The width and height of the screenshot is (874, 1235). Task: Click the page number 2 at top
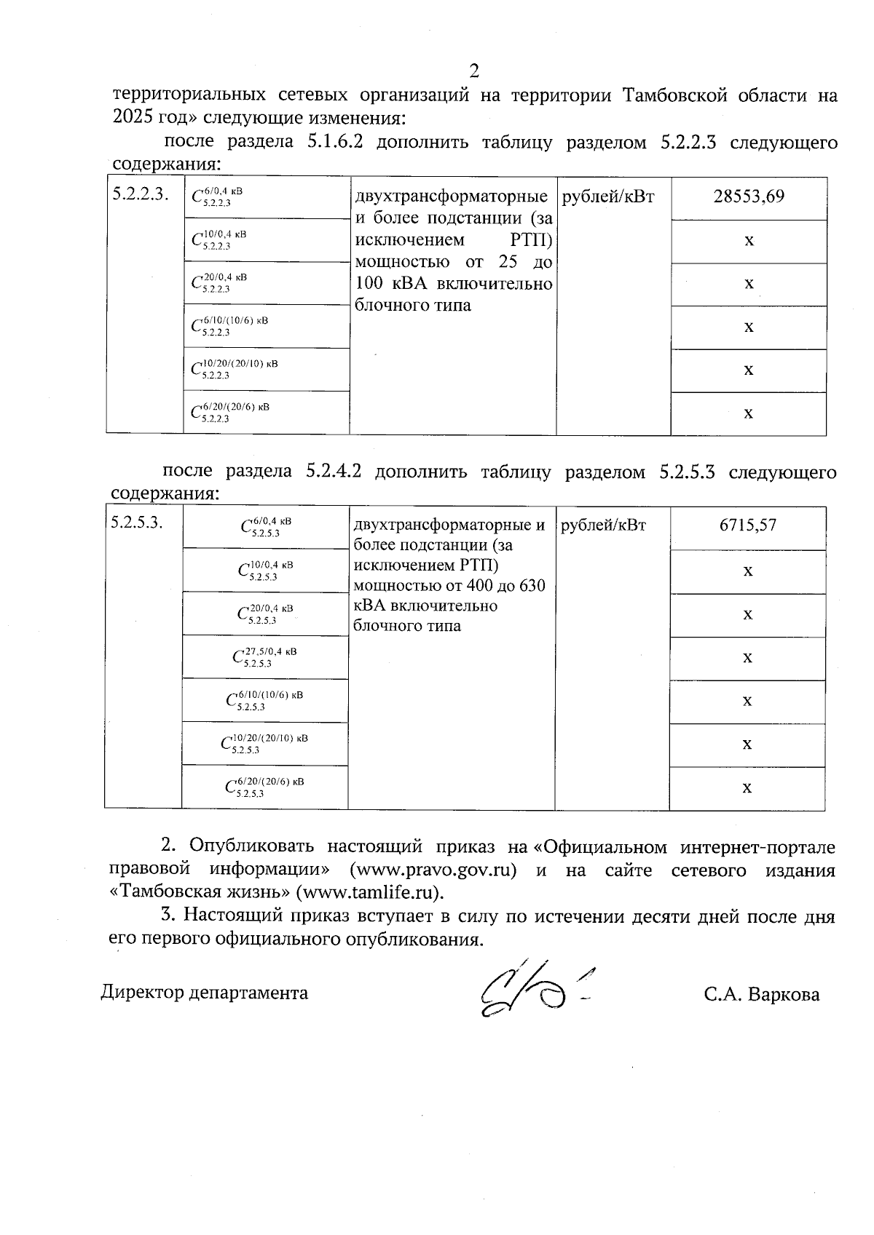pos(474,71)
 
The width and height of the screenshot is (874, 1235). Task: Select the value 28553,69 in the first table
pos(749,196)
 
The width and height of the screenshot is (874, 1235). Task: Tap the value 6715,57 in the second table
pos(747,525)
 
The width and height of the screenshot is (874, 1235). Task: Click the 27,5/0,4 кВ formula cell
pos(264,656)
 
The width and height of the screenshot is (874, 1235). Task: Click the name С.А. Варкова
pos(761,994)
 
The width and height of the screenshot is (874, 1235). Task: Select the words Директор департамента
pos(204,993)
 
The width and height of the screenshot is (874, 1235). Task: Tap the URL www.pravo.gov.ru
pos(433,870)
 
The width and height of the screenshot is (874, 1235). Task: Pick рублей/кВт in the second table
pos(603,525)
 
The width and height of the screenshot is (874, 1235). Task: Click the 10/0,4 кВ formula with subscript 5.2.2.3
pos(219,239)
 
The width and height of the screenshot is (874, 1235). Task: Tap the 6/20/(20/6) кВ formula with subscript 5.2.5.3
pos(264,786)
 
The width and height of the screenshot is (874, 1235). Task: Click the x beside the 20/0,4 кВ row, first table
pos(749,283)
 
